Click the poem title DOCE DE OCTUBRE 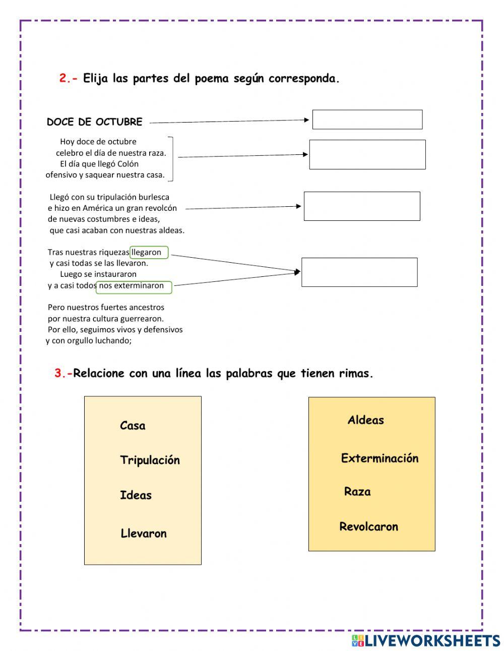click(94, 122)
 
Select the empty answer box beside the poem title click(367, 120)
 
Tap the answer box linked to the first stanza click(367, 154)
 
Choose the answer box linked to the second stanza click(361, 206)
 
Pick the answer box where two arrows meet click(359, 272)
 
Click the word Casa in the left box click(133, 426)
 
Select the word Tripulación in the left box click(150, 460)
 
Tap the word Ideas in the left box click(136, 495)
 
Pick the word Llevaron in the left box click(144, 534)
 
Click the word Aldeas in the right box click(365, 420)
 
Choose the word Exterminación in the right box click(380, 458)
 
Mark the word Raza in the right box click(357, 492)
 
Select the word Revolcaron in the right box click(368, 527)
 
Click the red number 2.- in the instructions click(69, 79)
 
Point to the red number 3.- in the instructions click(64, 374)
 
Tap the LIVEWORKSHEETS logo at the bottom click(426, 640)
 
